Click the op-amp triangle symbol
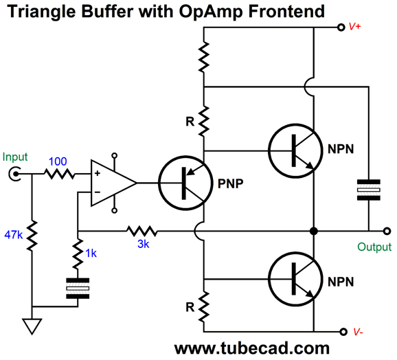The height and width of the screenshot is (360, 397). [111, 183]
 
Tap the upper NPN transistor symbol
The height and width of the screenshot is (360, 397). [295, 150]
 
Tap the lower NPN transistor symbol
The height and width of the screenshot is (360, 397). [295, 278]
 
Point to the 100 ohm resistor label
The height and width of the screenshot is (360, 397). [58, 161]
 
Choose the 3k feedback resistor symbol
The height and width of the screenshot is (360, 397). [142, 231]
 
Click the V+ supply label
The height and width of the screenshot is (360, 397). [356, 27]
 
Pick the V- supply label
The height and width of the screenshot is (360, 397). [356, 333]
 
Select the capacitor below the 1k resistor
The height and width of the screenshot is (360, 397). [78, 289]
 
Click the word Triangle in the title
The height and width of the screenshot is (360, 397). [41, 11]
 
